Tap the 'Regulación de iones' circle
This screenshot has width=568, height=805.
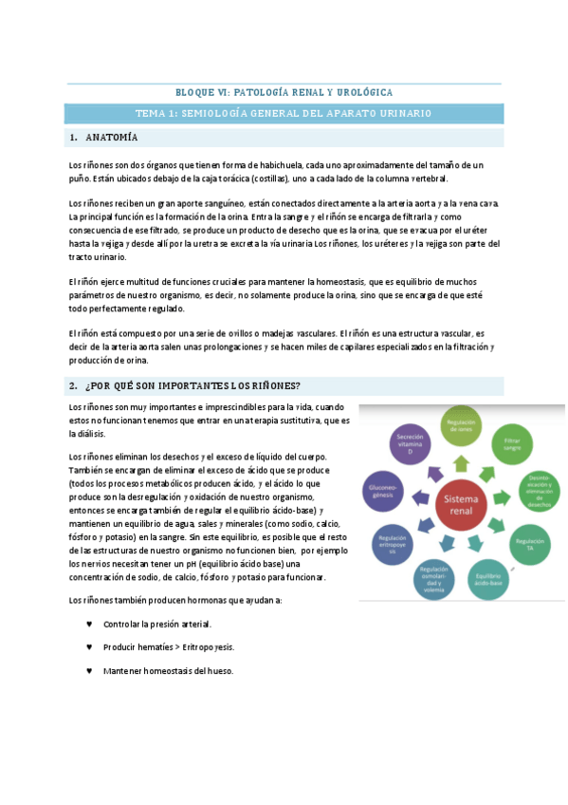click(461, 425)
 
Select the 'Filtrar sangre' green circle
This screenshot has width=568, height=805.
click(512, 445)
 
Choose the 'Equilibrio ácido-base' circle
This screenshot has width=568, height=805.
click(489, 576)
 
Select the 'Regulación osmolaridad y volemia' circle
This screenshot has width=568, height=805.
click(437, 574)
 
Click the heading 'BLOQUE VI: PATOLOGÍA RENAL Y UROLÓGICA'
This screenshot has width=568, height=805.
click(284, 92)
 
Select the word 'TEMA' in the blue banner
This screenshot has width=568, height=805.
click(151, 113)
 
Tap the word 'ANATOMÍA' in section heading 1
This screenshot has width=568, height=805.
click(112, 138)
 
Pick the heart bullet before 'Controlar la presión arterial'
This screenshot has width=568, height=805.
click(89, 624)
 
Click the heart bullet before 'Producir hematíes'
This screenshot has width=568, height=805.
click(89, 646)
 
